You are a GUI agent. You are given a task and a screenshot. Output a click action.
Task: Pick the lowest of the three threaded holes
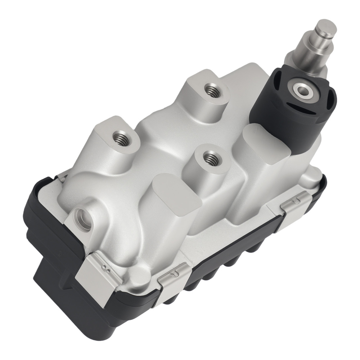[x=209, y=157]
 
